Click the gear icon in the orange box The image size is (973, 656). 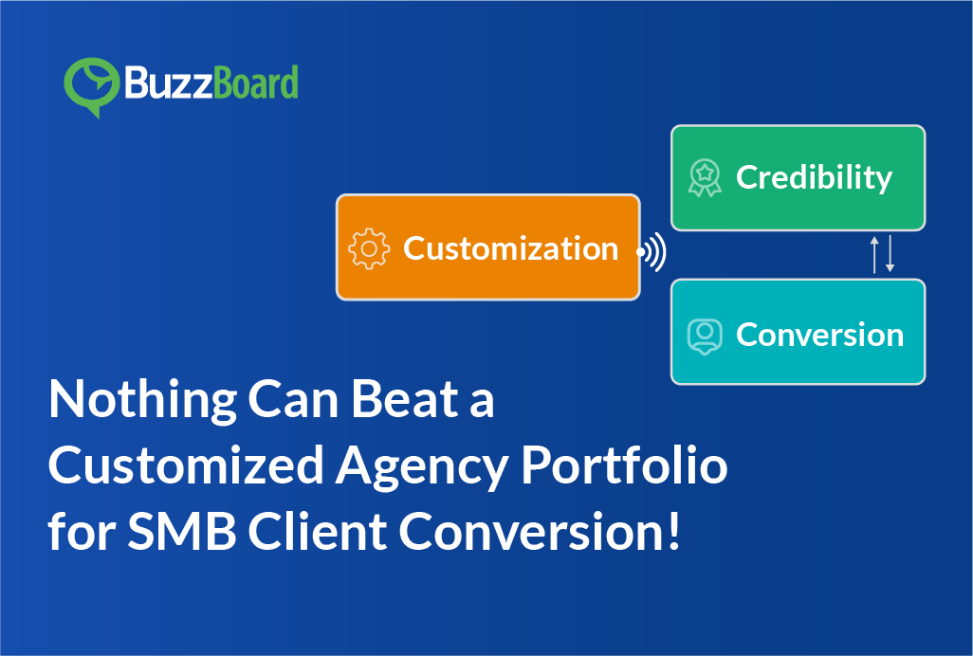coord(369,248)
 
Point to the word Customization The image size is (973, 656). coord(510,248)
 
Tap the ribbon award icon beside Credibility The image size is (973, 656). coord(704,177)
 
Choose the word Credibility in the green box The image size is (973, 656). coord(814,177)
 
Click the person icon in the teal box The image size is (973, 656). coord(704,335)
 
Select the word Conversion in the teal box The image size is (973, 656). coord(819,335)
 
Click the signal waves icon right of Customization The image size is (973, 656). coord(652,252)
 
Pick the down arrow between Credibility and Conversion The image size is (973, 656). coord(890,255)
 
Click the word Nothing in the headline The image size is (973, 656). coord(140,400)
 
